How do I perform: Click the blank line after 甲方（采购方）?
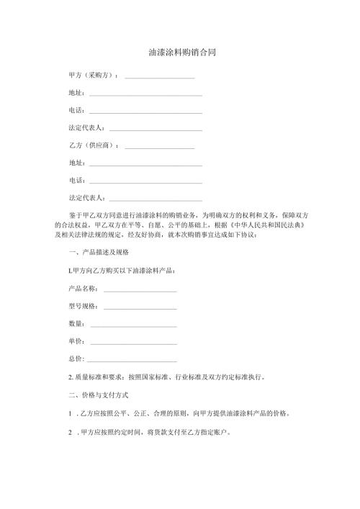[160, 77]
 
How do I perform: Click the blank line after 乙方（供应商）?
[160, 147]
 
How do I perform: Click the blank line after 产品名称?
[140, 290]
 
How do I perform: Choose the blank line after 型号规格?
[140, 307]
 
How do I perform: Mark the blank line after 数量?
[133, 325]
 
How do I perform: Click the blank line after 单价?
[133, 342]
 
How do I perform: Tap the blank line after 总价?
[133, 359]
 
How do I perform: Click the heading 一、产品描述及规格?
[98, 253]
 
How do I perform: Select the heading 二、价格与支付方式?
[98, 394]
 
